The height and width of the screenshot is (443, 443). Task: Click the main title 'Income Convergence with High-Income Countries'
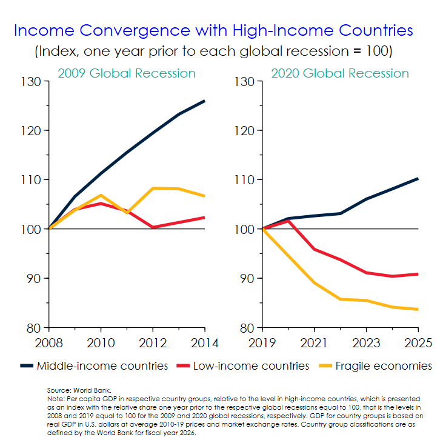tap(213, 30)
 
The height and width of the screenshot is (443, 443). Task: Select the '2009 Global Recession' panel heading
tap(126, 73)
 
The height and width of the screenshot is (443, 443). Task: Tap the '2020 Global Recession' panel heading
tap(339, 73)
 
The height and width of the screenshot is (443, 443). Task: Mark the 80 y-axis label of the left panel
tap(33, 328)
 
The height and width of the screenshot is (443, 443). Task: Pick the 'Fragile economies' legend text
tap(384, 366)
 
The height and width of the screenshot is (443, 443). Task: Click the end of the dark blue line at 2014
tap(204, 101)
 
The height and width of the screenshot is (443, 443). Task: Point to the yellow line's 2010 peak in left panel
tap(101, 195)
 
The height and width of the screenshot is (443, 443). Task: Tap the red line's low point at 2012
tap(152, 227)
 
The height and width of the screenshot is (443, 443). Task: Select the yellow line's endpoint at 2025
tap(418, 309)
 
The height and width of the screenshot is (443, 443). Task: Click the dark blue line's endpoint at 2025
tap(418, 178)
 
